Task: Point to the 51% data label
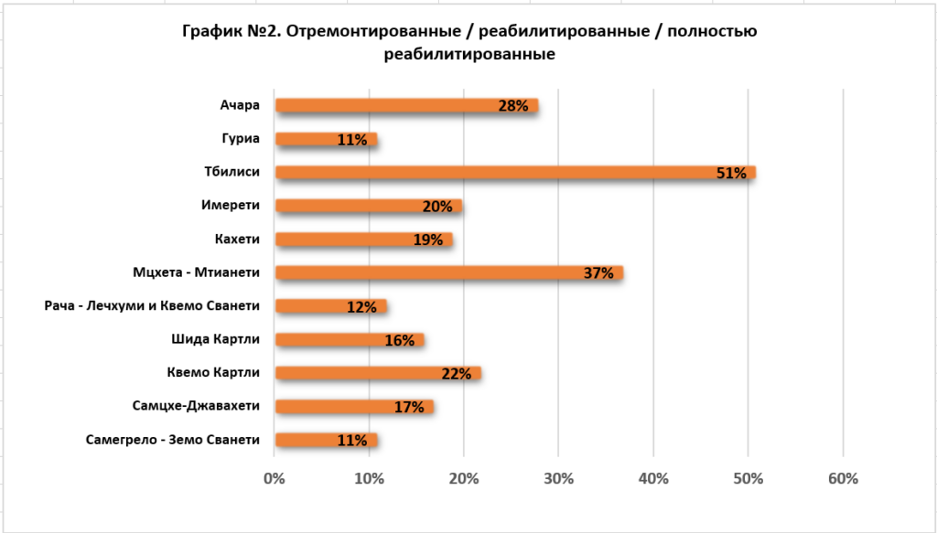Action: tap(731, 173)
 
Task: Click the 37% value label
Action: tap(598, 273)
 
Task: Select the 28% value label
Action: tap(513, 106)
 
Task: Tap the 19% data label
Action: tap(428, 240)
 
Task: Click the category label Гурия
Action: tap(241, 139)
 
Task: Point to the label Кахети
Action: tap(235, 239)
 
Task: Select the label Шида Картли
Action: tap(216, 339)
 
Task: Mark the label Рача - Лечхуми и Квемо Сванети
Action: tap(152, 305)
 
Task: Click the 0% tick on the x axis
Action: tap(274, 478)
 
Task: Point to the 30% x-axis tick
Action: tap(558, 478)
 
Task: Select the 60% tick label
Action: tap(843, 478)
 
